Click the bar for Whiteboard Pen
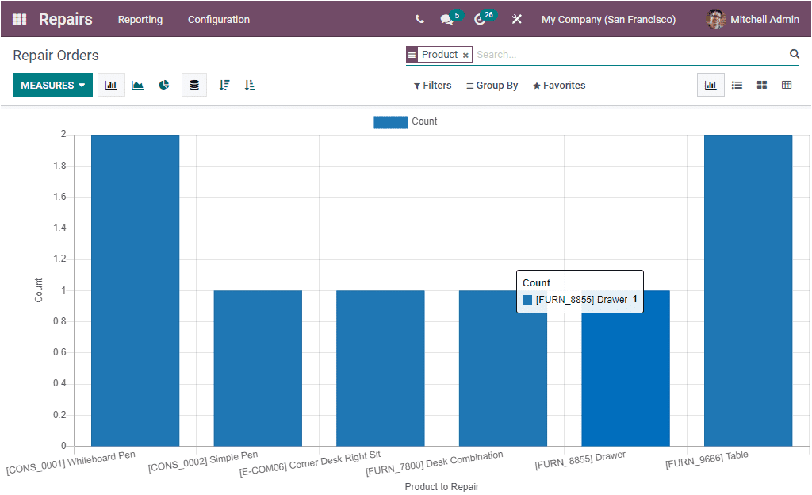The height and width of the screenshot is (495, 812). pyautogui.click(x=135, y=290)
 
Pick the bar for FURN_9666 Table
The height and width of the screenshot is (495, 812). pyautogui.click(x=748, y=290)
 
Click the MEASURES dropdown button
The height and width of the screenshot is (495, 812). pyautogui.click(x=52, y=86)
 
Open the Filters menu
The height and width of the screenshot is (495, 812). pyautogui.click(x=433, y=86)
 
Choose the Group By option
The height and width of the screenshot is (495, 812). pyautogui.click(x=492, y=86)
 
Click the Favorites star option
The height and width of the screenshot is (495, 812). pyautogui.click(x=559, y=86)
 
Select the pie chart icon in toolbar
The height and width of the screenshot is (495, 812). pyautogui.click(x=164, y=86)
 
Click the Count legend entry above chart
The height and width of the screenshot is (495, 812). pyautogui.click(x=405, y=121)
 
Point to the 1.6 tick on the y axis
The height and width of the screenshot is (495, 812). pyautogui.click(x=59, y=197)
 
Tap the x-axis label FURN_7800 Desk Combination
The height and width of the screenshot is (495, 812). pyautogui.click(x=434, y=462)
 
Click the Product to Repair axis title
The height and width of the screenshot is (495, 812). pyautogui.click(x=442, y=486)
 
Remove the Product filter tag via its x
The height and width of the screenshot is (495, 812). pyautogui.click(x=465, y=56)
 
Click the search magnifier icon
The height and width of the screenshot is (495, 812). pyautogui.click(x=794, y=54)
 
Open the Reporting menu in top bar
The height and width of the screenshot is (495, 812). pyautogui.click(x=140, y=20)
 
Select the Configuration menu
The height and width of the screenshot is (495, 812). pyautogui.click(x=219, y=20)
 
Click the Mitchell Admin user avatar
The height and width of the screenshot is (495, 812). pyautogui.click(x=715, y=20)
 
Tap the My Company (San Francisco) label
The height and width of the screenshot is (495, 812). pyautogui.click(x=608, y=20)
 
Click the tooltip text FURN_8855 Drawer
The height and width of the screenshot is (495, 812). pyautogui.click(x=581, y=300)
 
